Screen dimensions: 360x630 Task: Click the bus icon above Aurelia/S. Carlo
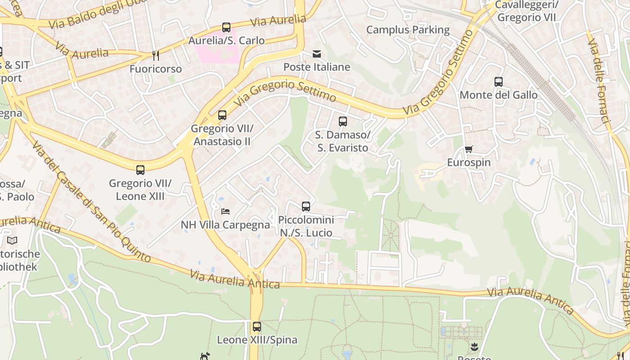pos(226,27)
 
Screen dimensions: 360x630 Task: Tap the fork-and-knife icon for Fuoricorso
pos(156,56)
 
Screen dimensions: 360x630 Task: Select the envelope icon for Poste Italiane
pos(317,54)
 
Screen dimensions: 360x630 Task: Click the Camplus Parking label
pos(408,30)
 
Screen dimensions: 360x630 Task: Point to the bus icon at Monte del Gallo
pos(499,82)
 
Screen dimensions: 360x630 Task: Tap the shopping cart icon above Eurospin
pos(469,149)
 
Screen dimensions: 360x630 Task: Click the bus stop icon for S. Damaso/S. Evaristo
pos(343,121)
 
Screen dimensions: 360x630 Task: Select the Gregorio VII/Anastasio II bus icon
pos(222,115)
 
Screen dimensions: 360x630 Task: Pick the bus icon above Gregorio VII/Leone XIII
pos(140,170)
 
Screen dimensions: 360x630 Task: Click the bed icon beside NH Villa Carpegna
pos(225,211)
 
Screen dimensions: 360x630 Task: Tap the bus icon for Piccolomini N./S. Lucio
pos(306,207)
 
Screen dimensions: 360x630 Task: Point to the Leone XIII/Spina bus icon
pos(257,327)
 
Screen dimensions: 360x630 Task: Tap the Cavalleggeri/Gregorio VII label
pos(526,11)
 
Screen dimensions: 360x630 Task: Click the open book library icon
pos(12,241)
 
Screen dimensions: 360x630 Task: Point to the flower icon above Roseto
pos(474,347)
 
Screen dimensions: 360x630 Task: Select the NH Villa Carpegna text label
pos(225,225)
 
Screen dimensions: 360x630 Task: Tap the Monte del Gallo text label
pos(499,95)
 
